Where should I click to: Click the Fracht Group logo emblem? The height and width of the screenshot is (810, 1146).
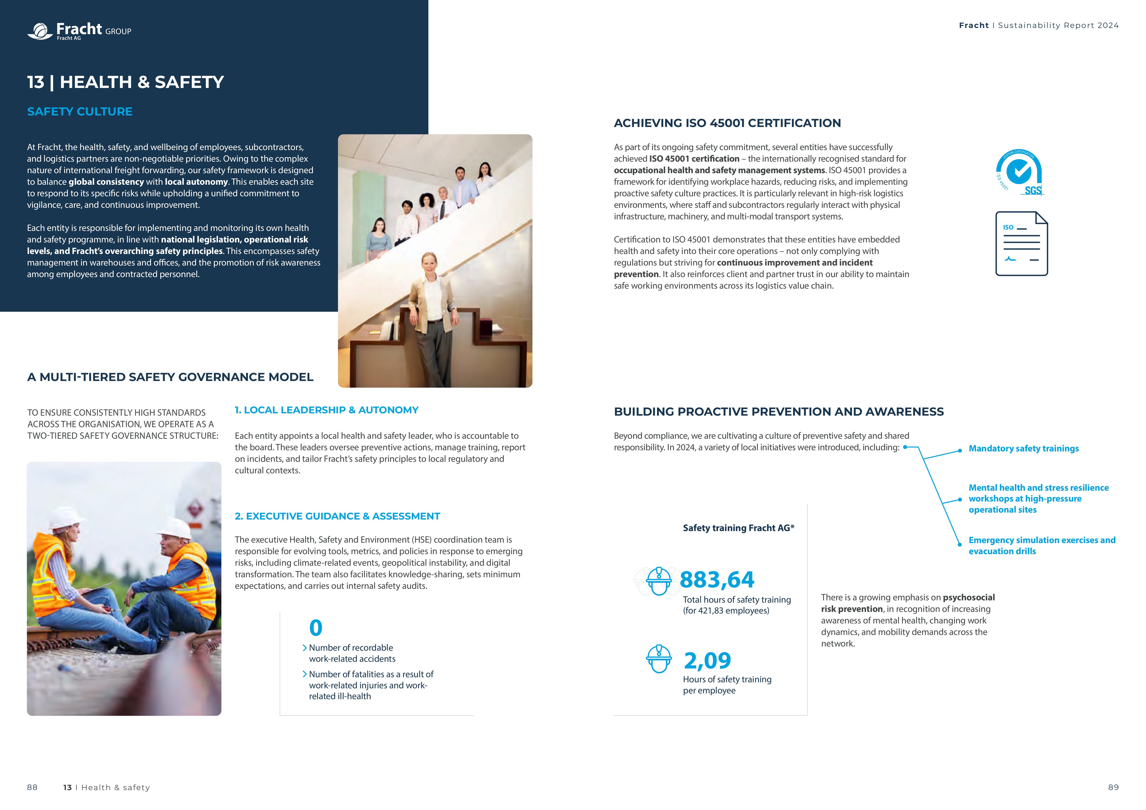(x=40, y=31)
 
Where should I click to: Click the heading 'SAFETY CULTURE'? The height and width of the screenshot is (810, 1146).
(x=80, y=112)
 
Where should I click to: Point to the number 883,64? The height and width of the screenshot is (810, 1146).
(x=717, y=580)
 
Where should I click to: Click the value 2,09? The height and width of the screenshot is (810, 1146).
(x=707, y=661)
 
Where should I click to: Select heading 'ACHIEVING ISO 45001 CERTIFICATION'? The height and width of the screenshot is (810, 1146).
(x=727, y=123)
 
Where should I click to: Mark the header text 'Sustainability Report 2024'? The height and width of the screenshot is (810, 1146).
(x=1058, y=25)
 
